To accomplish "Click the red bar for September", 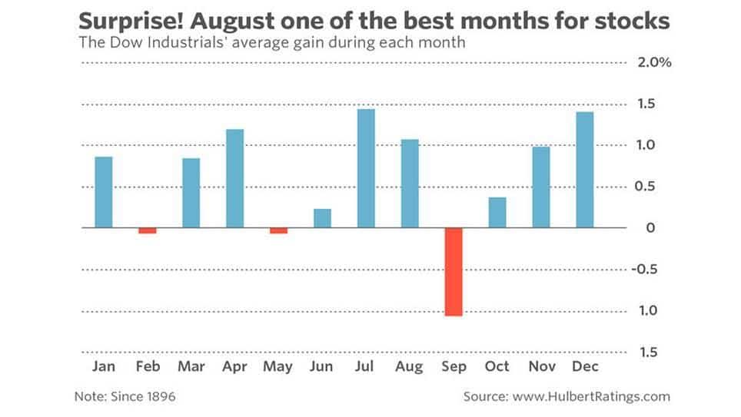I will point(454,272).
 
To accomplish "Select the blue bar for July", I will point(366,168).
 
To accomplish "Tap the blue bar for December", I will point(585,170).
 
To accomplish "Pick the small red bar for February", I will point(148,230).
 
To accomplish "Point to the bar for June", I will point(322,218).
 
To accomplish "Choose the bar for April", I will point(234,178).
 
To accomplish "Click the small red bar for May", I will point(278,230).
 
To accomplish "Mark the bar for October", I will point(497,213).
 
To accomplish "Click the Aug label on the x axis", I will point(409,366).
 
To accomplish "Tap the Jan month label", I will point(104,366).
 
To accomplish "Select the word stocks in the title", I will point(631,22).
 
